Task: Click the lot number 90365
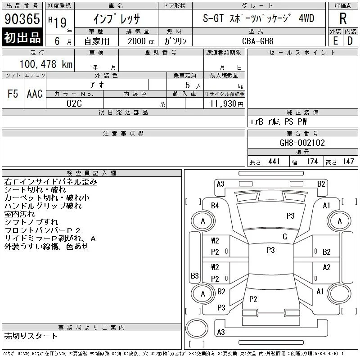[x=22, y=19]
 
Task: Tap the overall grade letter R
[x=343, y=18]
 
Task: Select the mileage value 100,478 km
[x=46, y=64]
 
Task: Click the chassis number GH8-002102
[x=302, y=143]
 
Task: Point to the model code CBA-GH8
[x=257, y=41]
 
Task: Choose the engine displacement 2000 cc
[x=141, y=41]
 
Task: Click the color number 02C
[x=74, y=103]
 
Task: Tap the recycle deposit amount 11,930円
[x=226, y=104]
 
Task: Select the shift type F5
[x=13, y=94]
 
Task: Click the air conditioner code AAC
[x=35, y=94]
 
